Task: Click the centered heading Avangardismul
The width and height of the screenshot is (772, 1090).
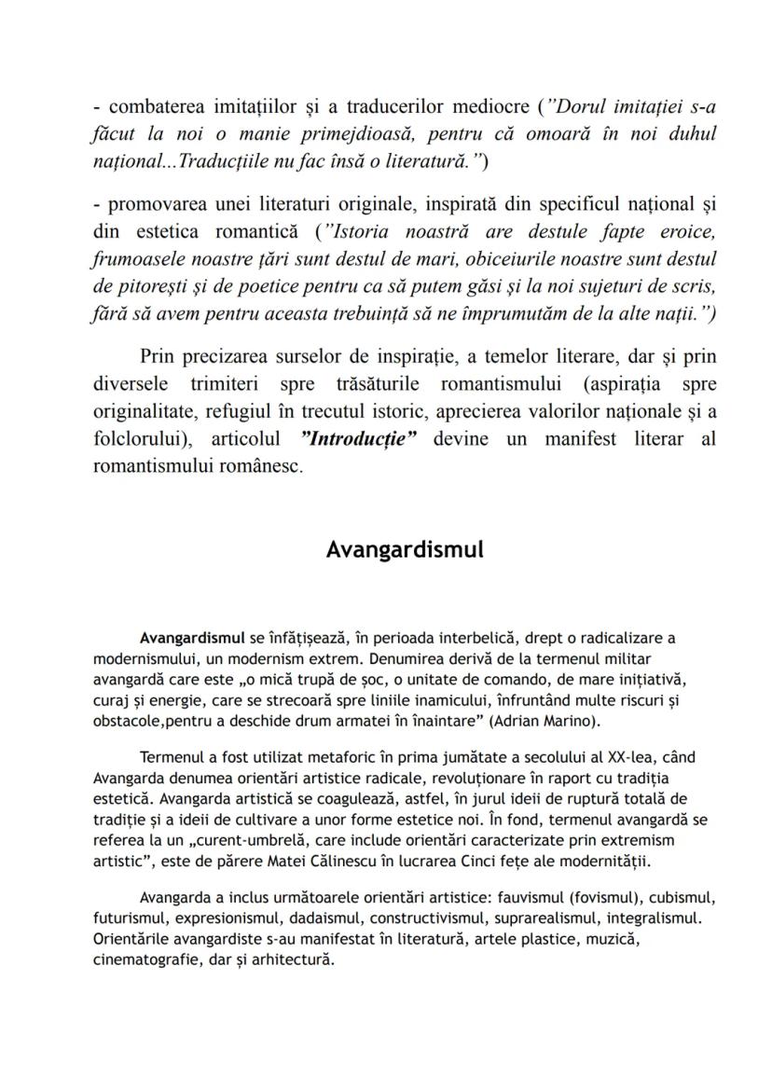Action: click(x=405, y=549)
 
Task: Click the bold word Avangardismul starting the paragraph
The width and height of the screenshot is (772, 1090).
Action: click(x=192, y=639)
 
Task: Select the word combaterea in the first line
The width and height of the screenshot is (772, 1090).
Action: click(x=153, y=105)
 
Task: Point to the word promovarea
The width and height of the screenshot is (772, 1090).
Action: click(x=155, y=203)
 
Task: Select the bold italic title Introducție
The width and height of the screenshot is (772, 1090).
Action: click(x=359, y=439)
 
